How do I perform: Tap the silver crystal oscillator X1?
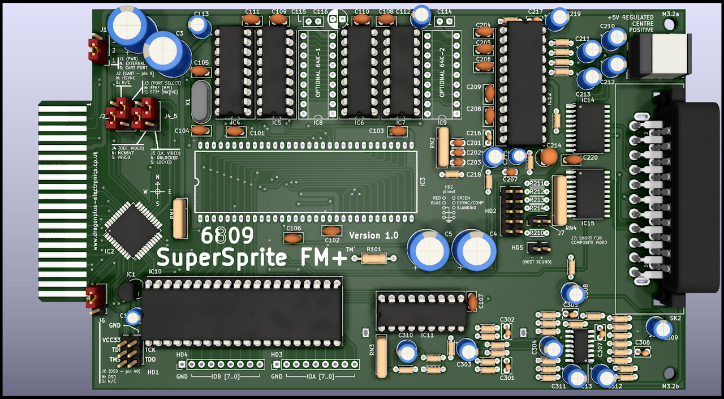[200, 101]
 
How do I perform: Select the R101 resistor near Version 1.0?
[373, 258]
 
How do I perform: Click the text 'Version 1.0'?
[373, 235]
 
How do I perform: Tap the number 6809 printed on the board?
[227, 236]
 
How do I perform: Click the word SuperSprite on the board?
[221, 258]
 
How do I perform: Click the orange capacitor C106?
[293, 238]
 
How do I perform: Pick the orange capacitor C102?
[331, 230]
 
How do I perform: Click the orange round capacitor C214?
[548, 156]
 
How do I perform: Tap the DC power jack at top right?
[660, 55]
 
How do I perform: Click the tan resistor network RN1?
[179, 218]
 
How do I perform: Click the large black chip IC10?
[242, 311]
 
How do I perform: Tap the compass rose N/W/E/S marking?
[158, 191]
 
